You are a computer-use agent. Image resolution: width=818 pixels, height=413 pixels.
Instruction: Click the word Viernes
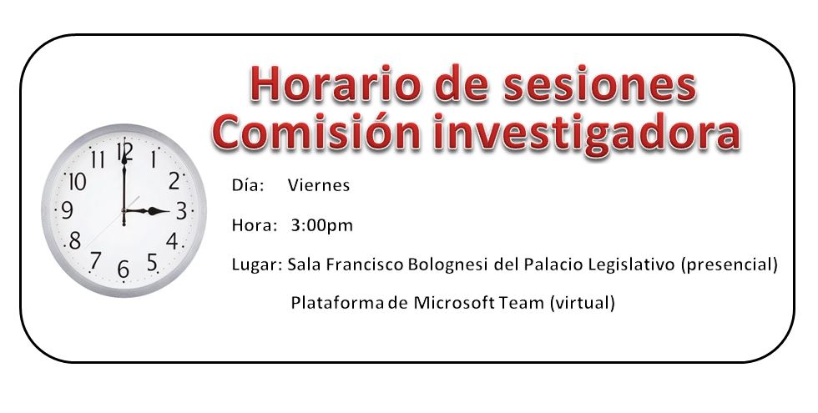[x=318, y=185]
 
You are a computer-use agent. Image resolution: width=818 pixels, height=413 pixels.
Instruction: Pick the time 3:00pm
[x=322, y=226]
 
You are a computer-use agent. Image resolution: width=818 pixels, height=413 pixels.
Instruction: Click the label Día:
[x=248, y=185]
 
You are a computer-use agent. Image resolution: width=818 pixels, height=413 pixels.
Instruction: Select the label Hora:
[x=254, y=225]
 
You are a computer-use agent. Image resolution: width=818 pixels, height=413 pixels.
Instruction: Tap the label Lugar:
[x=256, y=265]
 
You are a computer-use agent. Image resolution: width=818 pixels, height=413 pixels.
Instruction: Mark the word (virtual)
[x=583, y=303]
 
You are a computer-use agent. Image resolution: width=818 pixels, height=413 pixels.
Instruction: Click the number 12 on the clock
[x=124, y=151]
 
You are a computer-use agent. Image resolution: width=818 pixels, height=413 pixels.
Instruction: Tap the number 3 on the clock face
[x=181, y=211]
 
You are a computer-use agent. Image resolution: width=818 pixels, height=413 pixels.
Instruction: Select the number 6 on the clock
[x=124, y=269]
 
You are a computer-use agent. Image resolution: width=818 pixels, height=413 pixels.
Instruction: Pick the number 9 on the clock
[x=67, y=210]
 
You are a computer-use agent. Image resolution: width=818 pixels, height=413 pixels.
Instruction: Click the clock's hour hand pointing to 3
[x=147, y=211]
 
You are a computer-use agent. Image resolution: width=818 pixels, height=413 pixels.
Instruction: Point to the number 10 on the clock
[x=77, y=182]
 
